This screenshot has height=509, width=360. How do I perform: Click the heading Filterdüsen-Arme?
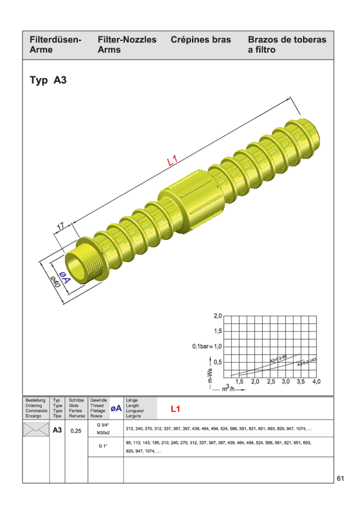pyautogui.click(x=55, y=45)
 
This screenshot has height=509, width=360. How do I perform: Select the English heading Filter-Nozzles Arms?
pyautogui.click(x=127, y=45)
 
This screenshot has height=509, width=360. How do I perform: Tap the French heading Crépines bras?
pyautogui.click(x=201, y=40)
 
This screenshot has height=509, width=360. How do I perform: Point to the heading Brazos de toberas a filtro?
pyautogui.click(x=287, y=45)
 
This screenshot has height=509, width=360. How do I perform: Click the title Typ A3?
pyautogui.click(x=48, y=80)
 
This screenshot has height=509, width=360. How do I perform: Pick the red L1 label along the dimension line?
pyautogui.click(x=172, y=161)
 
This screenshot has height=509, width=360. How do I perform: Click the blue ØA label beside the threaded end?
pyautogui.click(x=64, y=277)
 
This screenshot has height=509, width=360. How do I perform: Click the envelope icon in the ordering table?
pyautogui.click(x=36, y=429)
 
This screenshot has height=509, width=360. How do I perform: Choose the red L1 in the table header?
pyautogui.click(x=175, y=409)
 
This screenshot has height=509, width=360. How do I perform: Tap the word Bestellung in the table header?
pyautogui.click(x=35, y=400)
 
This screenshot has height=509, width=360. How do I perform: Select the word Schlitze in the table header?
pyautogui.click(x=76, y=400)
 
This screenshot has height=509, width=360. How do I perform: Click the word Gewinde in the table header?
pyautogui.click(x=98, y=400)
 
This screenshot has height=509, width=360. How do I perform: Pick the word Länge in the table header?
pyautogui.click(x=132, y=400)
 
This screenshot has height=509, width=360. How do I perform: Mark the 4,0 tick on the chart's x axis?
pyautogui.click(x=316, y=382)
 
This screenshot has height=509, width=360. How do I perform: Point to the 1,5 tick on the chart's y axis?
pyautogui.click(x=217, y=331)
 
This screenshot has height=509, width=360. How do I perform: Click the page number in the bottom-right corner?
pyautogui.click(x=340, y=478)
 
